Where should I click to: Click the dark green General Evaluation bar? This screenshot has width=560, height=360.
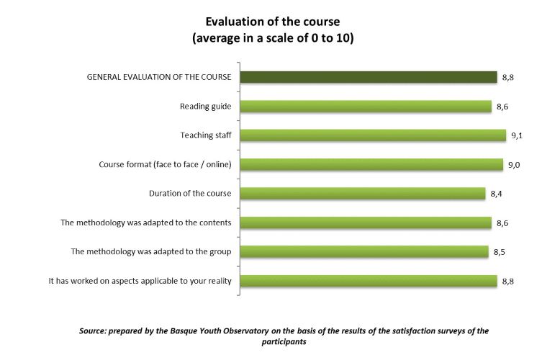pyautogui.click(x=368, y=77)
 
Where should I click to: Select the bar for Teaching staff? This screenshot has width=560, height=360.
pyautogui.click(x=372, y=135)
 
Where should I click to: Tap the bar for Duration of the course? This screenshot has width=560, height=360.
pyautogui.click(x=362, y=193)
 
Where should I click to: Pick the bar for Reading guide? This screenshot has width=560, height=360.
pyautogui.click(x=365, y=107)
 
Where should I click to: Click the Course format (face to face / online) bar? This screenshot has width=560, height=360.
pyautogui.click(x=371, y=164)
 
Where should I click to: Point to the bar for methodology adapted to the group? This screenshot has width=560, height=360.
pyautogui.click(x=363, y=251)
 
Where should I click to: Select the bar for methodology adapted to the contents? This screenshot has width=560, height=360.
pyautogui.click(x=365, y=222)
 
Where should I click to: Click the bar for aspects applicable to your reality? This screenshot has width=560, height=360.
pyautogui.click(x=368, y=280)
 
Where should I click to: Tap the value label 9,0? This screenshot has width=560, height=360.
pyautogui.click(x=514, y=165)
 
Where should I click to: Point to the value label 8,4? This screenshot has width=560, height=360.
pyautogui.click(x=497, y=194)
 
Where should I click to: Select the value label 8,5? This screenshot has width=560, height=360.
pyautogui.click(x=500, y=252)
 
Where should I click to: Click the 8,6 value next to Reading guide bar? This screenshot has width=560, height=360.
pyautogui.click(x=502, y=107)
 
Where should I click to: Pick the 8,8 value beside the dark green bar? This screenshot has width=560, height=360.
pyautogui.click(x=508, y=78)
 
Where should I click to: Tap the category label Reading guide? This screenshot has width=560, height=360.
pyautogui.click(x=205, y=107)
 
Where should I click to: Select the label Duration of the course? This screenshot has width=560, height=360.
pyautogui.click(x=190, y=193)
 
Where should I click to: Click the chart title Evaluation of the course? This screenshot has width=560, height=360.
pyautogui.click(x=273, y=22)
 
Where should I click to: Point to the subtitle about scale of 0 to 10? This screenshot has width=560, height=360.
pyautogui.click(x=273, y=38)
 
